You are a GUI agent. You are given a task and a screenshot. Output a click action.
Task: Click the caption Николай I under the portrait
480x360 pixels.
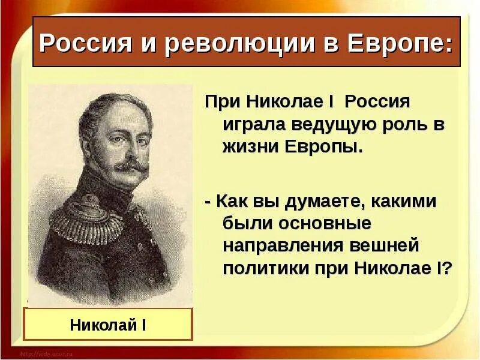pyautogui.click(x=109, y=326)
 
